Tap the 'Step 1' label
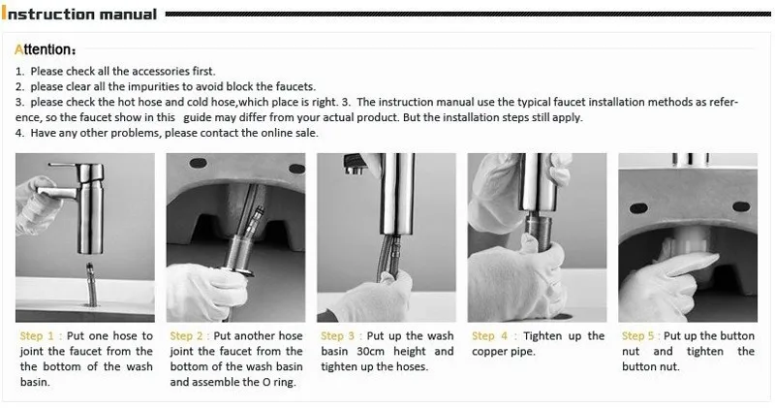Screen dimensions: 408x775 tap(40, 336)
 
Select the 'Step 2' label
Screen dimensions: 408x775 tap(190, 336)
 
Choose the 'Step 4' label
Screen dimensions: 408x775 tap(490, 336)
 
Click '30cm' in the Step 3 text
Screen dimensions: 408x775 tap(366, 352)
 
